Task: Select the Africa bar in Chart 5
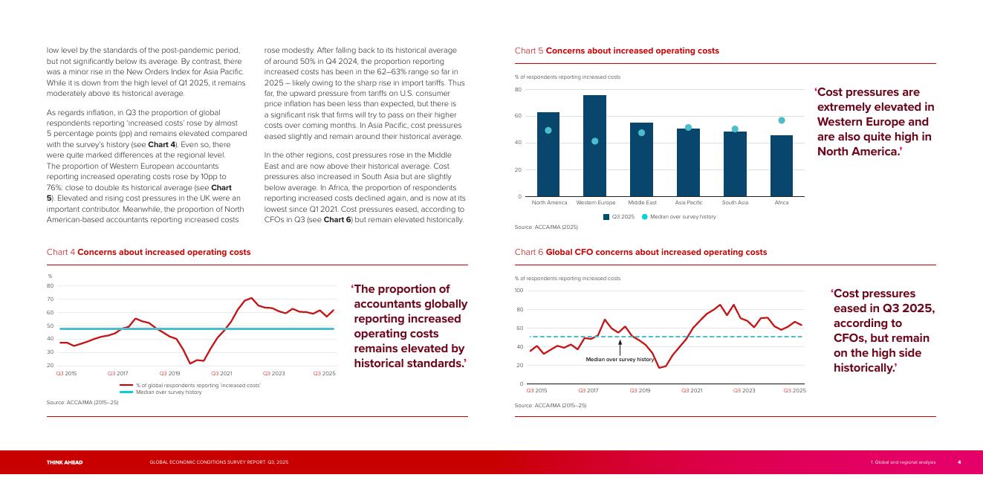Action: point(782,166)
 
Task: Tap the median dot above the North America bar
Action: point(548,131)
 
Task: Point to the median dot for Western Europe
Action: point(595,141)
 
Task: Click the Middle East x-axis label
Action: point(642,203)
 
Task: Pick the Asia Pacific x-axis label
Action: point(689,203)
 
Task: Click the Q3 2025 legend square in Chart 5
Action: point(606,217)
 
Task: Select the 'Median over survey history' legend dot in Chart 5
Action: point(644,217)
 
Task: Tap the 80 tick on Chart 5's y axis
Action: point(518,89)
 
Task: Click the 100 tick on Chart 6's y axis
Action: point(519,291)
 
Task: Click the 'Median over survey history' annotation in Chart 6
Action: point(620,359)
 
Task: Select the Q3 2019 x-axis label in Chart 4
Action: point(169,373)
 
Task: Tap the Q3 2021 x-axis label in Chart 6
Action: point(692,390)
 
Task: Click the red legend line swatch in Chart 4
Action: point(126,386)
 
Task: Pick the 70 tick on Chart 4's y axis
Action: point(50,299)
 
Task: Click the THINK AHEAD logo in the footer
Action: point(65,462)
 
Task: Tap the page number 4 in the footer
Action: point(958,462)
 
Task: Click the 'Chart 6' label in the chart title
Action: point(528,252)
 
